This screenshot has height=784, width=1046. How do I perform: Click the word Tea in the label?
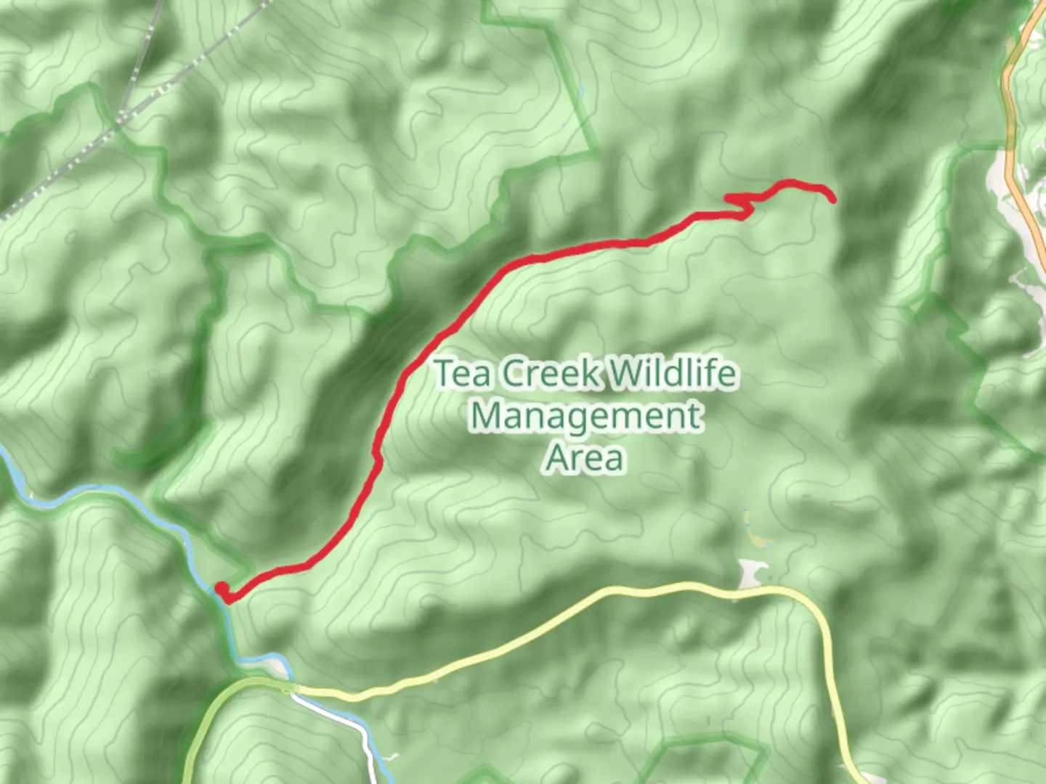[x=466, y=374]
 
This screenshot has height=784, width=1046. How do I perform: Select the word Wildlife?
[x=671, y=374]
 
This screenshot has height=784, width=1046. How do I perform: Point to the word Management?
[x=585, y=416]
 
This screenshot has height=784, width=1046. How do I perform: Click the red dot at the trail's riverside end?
[x=221, y=588]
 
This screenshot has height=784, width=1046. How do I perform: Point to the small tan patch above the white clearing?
[x=758, y=540]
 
